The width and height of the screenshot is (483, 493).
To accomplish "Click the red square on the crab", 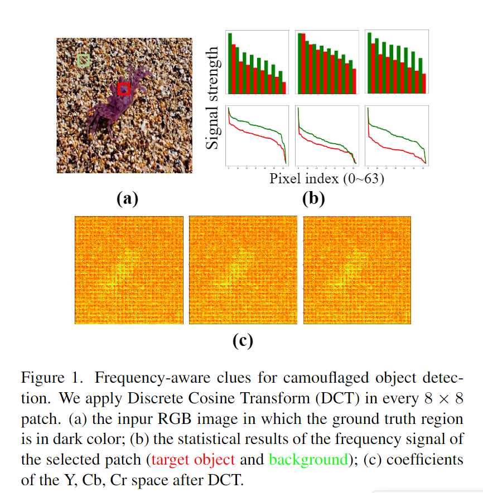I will tap(124, 89).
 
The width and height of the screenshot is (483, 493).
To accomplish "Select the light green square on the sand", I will tap(83, 60).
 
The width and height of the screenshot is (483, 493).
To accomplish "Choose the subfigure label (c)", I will tap(243, 340).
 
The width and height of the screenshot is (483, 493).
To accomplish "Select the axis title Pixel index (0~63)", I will tap(327, 179).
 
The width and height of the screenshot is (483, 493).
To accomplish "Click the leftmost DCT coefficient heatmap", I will tap(130, 270).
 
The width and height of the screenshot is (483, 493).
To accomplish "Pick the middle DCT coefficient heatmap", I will tap(244, 270).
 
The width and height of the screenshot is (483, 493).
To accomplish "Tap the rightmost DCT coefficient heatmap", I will tap(358, 270).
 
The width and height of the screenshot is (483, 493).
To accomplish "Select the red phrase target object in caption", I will tap(192, 460).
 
